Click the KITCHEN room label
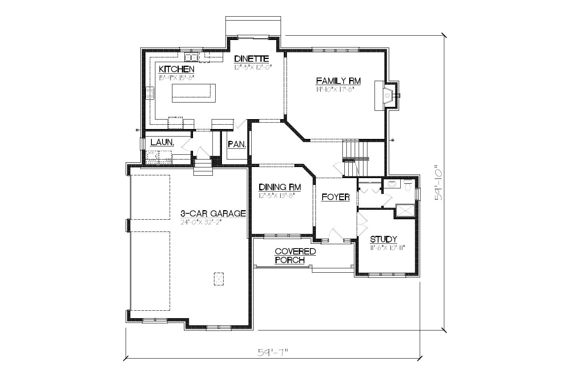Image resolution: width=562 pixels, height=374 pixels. pyautogui.click(x=176, y=69)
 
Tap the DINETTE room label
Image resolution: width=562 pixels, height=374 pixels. pyautogui.click(x=251, y=59)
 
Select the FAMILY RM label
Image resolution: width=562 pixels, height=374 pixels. pyautogui.click(x=338, y=81)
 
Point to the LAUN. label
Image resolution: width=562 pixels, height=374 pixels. pyautogui.click(x=162, y=142)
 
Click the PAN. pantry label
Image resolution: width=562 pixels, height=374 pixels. pyautogui.click(x=237, y=144)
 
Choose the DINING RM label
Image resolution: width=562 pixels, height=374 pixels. pyautogui.click(x=279, y=187)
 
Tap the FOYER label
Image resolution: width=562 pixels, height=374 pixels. pyautogui.click(x=335, y=197)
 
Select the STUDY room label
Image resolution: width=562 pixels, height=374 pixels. pyautogui.click(x=383, y=239)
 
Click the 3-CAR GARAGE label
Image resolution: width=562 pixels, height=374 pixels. pyautogui.click(x=213, y=213)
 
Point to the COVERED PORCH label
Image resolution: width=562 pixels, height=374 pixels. pyautogui.click(x=295, y=256)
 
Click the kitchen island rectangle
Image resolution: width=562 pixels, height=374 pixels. pyautogui.click(x=193, y=93)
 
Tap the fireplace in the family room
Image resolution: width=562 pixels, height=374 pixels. pyautogui.click(x=386, y=95)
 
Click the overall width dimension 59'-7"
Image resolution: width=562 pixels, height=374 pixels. pyautogui.click(x=272, y=352)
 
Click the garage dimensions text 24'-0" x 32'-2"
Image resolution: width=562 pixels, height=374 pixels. pyautogui.click(x=201, y=222)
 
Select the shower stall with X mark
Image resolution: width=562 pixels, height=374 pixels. pyautogui.click(x=405, y=211)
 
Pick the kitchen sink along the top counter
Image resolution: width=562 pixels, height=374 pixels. pyautogui.click(x=191, y=57)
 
